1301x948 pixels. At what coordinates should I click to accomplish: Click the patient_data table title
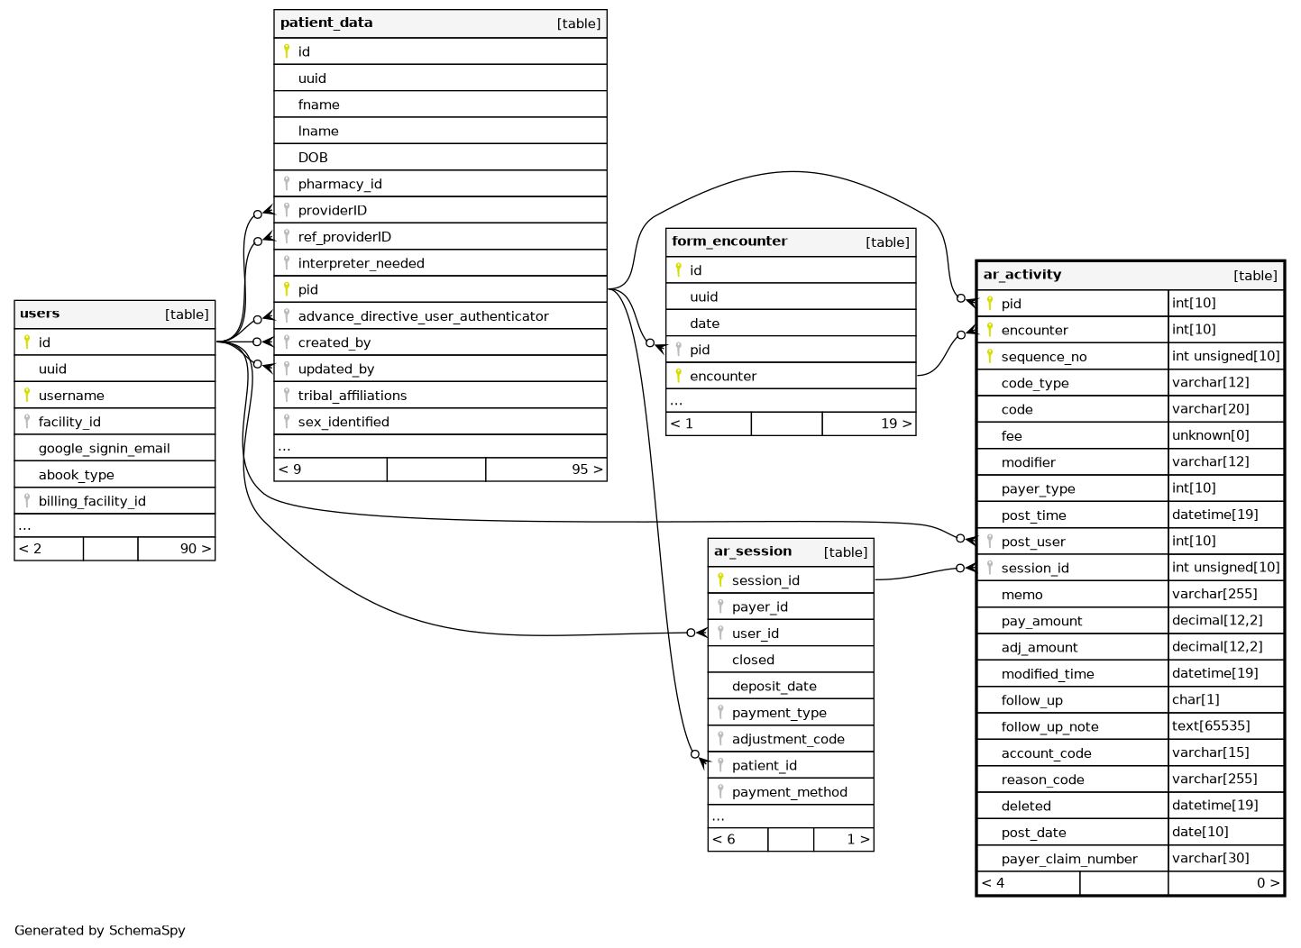tap(326, 23)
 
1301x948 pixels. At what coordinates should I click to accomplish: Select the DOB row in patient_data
tap(313, 158)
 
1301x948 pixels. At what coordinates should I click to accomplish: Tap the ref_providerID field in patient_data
tap(344, 237)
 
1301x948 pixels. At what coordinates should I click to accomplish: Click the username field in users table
tap(71, 396)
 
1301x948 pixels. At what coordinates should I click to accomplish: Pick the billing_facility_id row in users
tap(92, 501)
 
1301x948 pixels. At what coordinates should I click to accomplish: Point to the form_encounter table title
tap(729, 242)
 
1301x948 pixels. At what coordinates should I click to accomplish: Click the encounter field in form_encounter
tap(723, 377)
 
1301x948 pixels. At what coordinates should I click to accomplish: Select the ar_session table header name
tap(753, 551)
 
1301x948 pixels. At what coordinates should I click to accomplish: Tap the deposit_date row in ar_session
tap(774, 687)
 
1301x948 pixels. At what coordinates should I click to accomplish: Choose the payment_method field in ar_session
tap(789, 792)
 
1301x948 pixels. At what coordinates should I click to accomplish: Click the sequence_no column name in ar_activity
tap(1044, 357)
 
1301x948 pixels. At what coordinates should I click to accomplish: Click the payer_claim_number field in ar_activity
tap(1069, 859)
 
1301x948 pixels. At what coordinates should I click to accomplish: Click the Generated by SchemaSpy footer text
tap(100, 931)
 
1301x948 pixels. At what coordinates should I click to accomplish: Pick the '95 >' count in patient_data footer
tap(587, 469)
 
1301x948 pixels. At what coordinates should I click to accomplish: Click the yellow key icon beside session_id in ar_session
tap(720, 580)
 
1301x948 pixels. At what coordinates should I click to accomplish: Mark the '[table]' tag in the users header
tap(187, 314)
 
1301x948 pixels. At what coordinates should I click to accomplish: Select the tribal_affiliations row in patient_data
tap(353, 396)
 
